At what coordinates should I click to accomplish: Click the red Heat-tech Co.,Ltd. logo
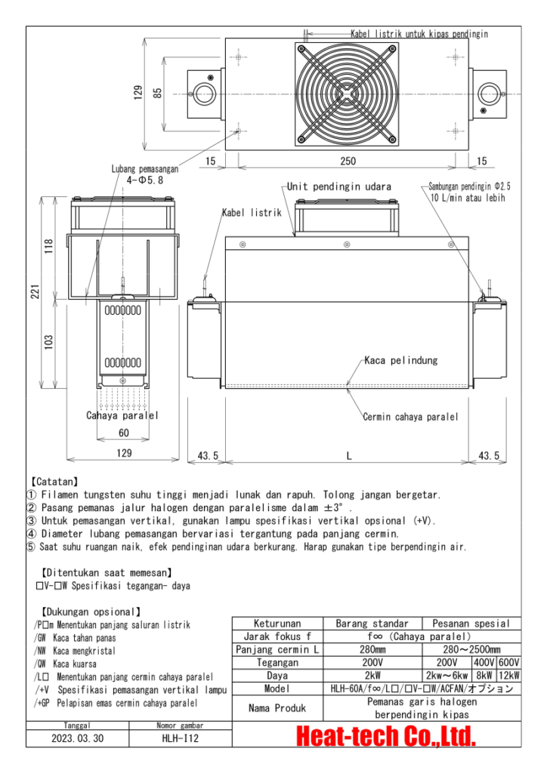pyautogui.click(x=386, y=736)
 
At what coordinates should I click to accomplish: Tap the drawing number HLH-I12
pyautogui.click(x=180, y=738)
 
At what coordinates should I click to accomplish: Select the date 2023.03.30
pyautogui.click(x=77, y=738)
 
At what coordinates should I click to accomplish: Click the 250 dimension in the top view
pyautogui.click(x=348, y=161)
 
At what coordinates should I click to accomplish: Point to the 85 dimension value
pyautogui.click(x=157, y=93)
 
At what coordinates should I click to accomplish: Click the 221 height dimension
pyautogui.click(x=36, y=291)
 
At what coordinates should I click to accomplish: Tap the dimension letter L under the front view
pyautogui.click(x=349, y=455)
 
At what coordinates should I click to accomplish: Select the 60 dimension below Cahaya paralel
pyautogui.click(x=123, y=433)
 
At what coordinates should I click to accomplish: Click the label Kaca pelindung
pyautogui.click(x=401, y=360)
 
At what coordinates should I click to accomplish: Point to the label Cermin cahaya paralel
pyautogui.click(x=410, y=417)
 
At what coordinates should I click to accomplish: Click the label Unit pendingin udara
pyautogui.click(x=339, y=186)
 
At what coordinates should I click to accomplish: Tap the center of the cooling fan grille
pyautogui.click(x=347, y=94)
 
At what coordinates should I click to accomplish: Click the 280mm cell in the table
pyautogui.click(x=372, y=649)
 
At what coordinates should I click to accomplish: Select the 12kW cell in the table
pyautogui.click(x=509, y=676)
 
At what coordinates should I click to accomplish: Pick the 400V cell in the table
pyautogui.click(x=484, y=663)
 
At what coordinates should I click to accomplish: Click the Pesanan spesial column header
pyautogui.click(x=471, y=623)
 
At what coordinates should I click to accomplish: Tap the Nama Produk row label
pyautogui.click(x=277, y=708)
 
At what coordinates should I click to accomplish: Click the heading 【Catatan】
pyautogui.click(x=54, y=482)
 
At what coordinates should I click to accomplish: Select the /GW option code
pyautogui.click(x=40, y=637)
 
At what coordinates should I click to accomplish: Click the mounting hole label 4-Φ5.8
pyautogui.click(x=144, y=180)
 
